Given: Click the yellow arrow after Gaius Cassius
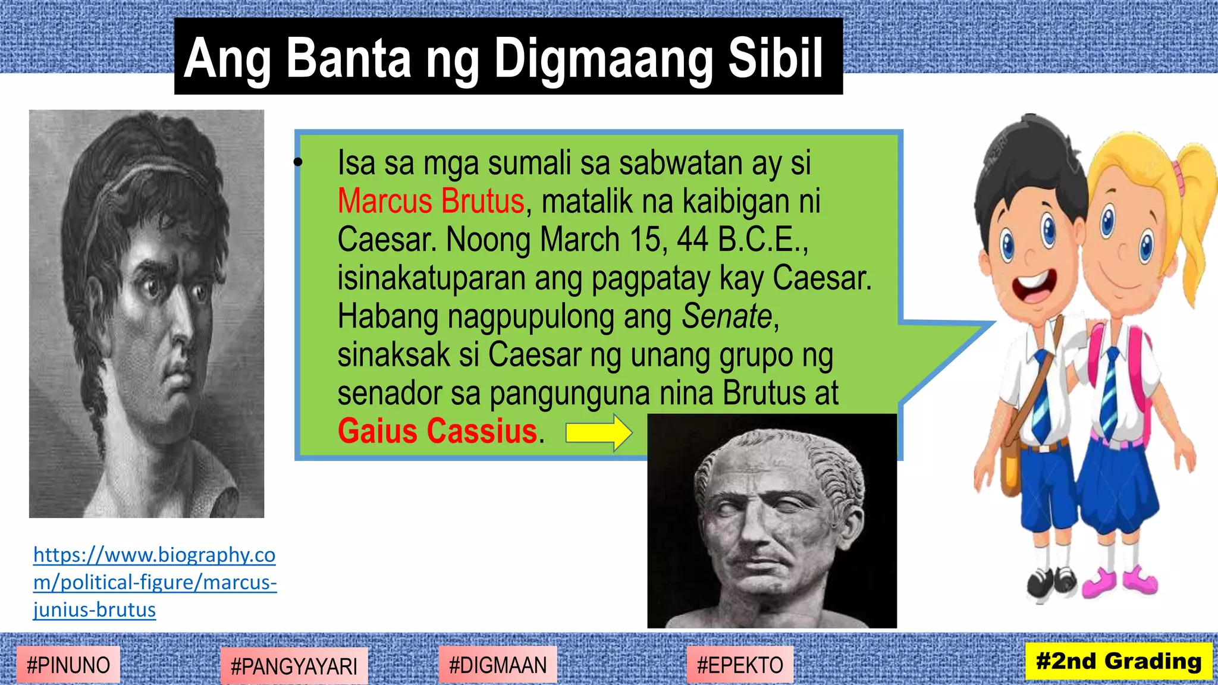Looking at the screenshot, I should pos(598,433).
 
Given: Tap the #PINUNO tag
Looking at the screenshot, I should pos(68,665).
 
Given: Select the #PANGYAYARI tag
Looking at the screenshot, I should pos(294,667).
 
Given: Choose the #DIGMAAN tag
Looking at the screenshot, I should pos(498,665).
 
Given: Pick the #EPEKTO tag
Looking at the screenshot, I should pos(740,665).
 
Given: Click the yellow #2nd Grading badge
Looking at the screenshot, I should pos(1119,661).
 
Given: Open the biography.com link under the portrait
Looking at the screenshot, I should pos(154,582).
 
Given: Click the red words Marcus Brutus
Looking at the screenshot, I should pos(431,201).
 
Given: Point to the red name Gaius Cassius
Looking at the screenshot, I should pos(437,431).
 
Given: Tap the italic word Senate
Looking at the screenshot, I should pos(727,316).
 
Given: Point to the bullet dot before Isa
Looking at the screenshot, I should pos(299,162).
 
